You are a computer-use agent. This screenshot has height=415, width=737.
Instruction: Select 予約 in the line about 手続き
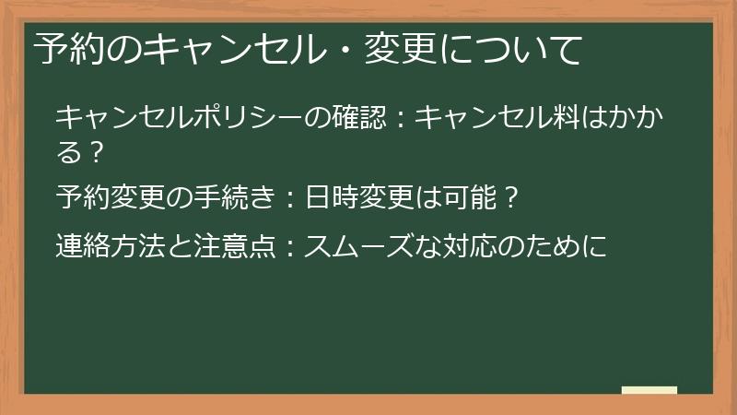click(x=85, y=197)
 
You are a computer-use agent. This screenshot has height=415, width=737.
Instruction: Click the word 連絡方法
click(x=113, y=246)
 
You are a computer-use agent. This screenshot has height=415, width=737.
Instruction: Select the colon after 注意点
click(x=288, y=247)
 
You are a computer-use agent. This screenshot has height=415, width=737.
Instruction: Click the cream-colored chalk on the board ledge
click(x=649, y=390)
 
